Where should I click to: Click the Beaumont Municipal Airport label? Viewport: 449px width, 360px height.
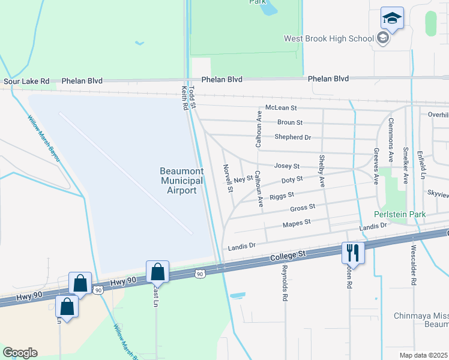click(x=181, y=181)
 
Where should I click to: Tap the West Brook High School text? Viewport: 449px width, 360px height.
click(x=329, y=39)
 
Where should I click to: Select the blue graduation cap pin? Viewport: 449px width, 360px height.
click(x=392, y=19)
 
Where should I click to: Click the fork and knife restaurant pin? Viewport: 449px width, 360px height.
click(x=352, y=252)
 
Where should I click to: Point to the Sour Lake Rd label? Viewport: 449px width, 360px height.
click(x=26, y=80)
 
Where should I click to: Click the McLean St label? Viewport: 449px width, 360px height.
click(x=281, y=108)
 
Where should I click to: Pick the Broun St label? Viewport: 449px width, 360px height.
click(x=290, y=122)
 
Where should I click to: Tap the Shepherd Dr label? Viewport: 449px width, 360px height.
click(x=293, y=137)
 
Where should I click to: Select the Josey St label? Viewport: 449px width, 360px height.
click(x=286, y=166)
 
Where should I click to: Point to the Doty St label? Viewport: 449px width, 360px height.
click(x=292, y=179)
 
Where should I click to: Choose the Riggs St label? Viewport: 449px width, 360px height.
click(x=282, y=195)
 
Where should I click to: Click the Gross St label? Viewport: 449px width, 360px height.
click(x=303, y=208)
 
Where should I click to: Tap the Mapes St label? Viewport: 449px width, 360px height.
click(x=297, y=223)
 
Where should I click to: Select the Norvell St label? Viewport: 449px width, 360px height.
click(x=228, y=178)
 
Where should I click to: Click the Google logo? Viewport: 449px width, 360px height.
click(x=20, y=352)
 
